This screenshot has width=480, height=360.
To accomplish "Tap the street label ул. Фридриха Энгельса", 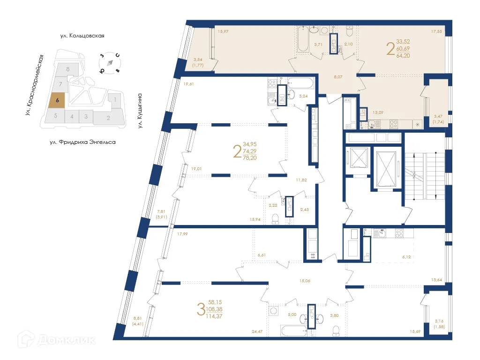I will tap(82, 142).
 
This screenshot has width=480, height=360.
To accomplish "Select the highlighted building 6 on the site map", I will tap(57, 100).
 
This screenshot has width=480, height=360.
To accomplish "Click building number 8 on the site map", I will tap(68, 69).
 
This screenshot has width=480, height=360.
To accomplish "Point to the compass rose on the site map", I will tap(110, 63).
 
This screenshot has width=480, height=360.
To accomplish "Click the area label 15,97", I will tap(223, 31).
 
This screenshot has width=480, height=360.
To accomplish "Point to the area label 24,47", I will tap(257, 331).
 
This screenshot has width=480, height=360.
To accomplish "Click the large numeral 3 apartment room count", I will tap(201, 309).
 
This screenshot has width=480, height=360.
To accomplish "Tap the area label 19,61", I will tap(189, 84).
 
